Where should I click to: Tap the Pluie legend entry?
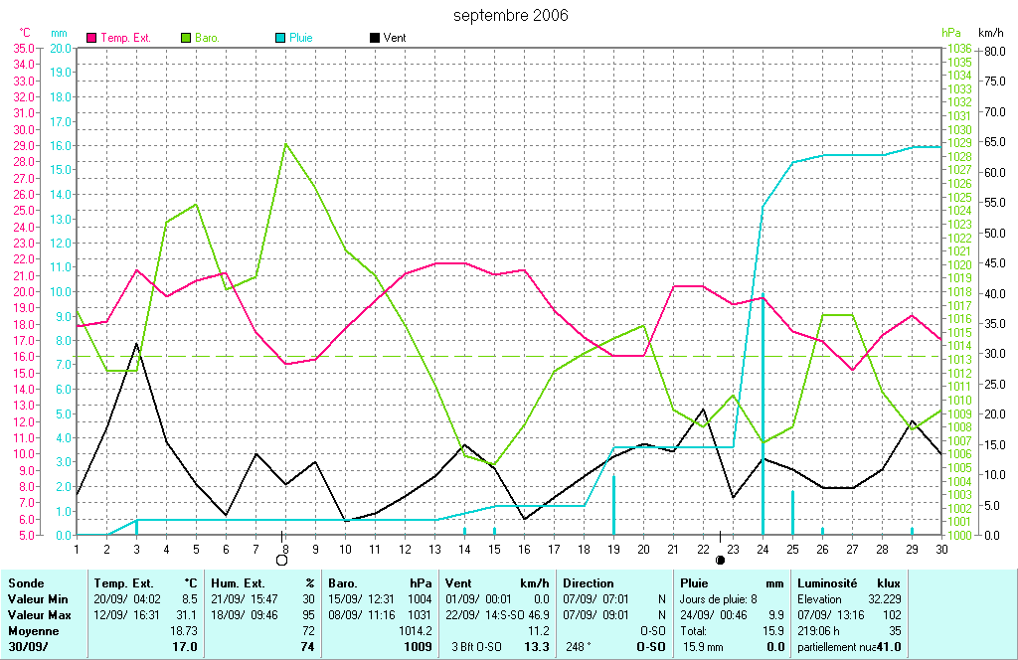(x=300, y=38)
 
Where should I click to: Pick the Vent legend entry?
(x=394, y=38)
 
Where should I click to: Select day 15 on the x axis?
(x=494, y=548)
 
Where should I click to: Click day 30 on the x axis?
(x=940, y=548)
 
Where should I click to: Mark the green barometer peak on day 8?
(x=286, y=143)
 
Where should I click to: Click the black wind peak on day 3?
(x=137, y=343)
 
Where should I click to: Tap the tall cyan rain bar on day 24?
(x=763, y=417)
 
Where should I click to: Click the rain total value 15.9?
(x=771, y=630)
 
